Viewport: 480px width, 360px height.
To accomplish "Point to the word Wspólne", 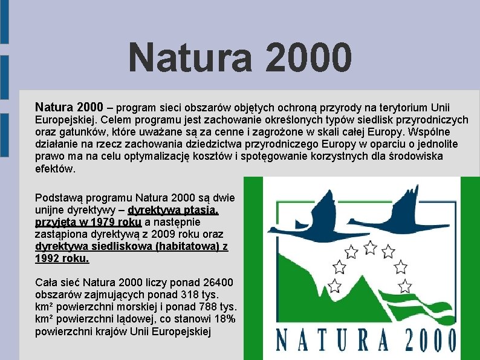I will [433, 132].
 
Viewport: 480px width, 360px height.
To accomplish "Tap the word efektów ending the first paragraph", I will [56, 169].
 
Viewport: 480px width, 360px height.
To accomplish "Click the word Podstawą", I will [59, 198].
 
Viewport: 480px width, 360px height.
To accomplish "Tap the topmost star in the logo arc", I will [371, 246].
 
